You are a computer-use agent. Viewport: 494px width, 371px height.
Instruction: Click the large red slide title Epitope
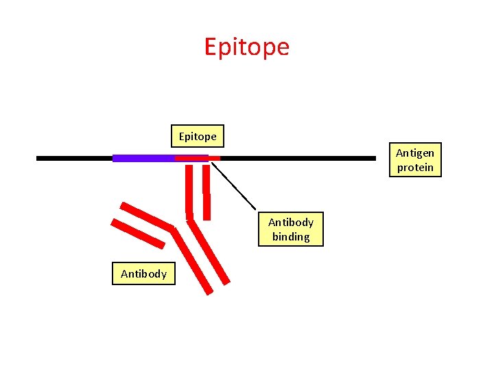coord(247,47)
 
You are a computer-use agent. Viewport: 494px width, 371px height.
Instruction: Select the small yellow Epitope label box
coord(198,137)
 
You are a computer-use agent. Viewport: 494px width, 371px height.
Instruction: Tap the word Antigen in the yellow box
coord(415,153)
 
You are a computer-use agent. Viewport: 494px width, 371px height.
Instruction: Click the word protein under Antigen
coord(415,168)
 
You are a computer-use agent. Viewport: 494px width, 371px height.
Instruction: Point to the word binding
coord(291,237)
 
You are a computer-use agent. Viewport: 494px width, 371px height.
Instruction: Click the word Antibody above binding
coord(291,223)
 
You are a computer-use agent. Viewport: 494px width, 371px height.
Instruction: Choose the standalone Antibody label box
coord(144,274)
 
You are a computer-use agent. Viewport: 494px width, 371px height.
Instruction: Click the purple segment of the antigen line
coord(143,158)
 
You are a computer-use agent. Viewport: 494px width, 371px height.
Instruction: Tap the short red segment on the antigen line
coord(198,158)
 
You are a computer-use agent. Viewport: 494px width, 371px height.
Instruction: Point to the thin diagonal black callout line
coord(233,185)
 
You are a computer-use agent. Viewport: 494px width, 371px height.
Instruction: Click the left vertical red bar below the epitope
coord(189,189)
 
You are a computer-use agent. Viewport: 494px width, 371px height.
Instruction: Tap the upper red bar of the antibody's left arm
coord(146,216)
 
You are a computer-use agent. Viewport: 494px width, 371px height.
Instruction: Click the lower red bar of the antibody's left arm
coord(138,234)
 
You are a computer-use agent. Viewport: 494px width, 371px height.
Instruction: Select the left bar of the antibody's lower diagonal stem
coord(193,261)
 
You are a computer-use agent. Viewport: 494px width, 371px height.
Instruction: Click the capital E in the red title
coord(211,47)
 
